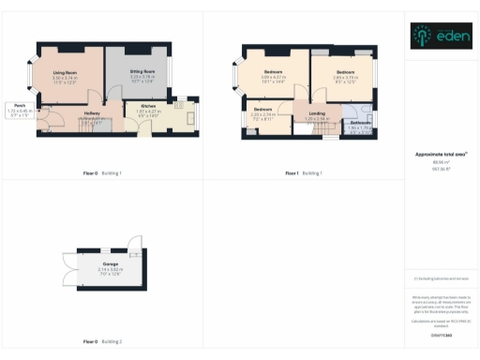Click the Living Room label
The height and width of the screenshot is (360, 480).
(x=65, y=72)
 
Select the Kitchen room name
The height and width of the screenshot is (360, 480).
(x=148, y=106)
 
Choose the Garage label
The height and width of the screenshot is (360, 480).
(x=110, y=264)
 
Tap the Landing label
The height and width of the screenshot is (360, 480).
(x=317, y=113)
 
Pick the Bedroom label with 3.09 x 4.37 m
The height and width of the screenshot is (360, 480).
(x=274, y=72)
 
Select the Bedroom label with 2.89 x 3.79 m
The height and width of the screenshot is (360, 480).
(x=345, y=71)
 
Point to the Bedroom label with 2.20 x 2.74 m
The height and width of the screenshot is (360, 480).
(x=262, y=110)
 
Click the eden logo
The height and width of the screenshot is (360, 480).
(x=442, y=36)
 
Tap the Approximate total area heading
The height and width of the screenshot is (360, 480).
(x=442, y=154)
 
